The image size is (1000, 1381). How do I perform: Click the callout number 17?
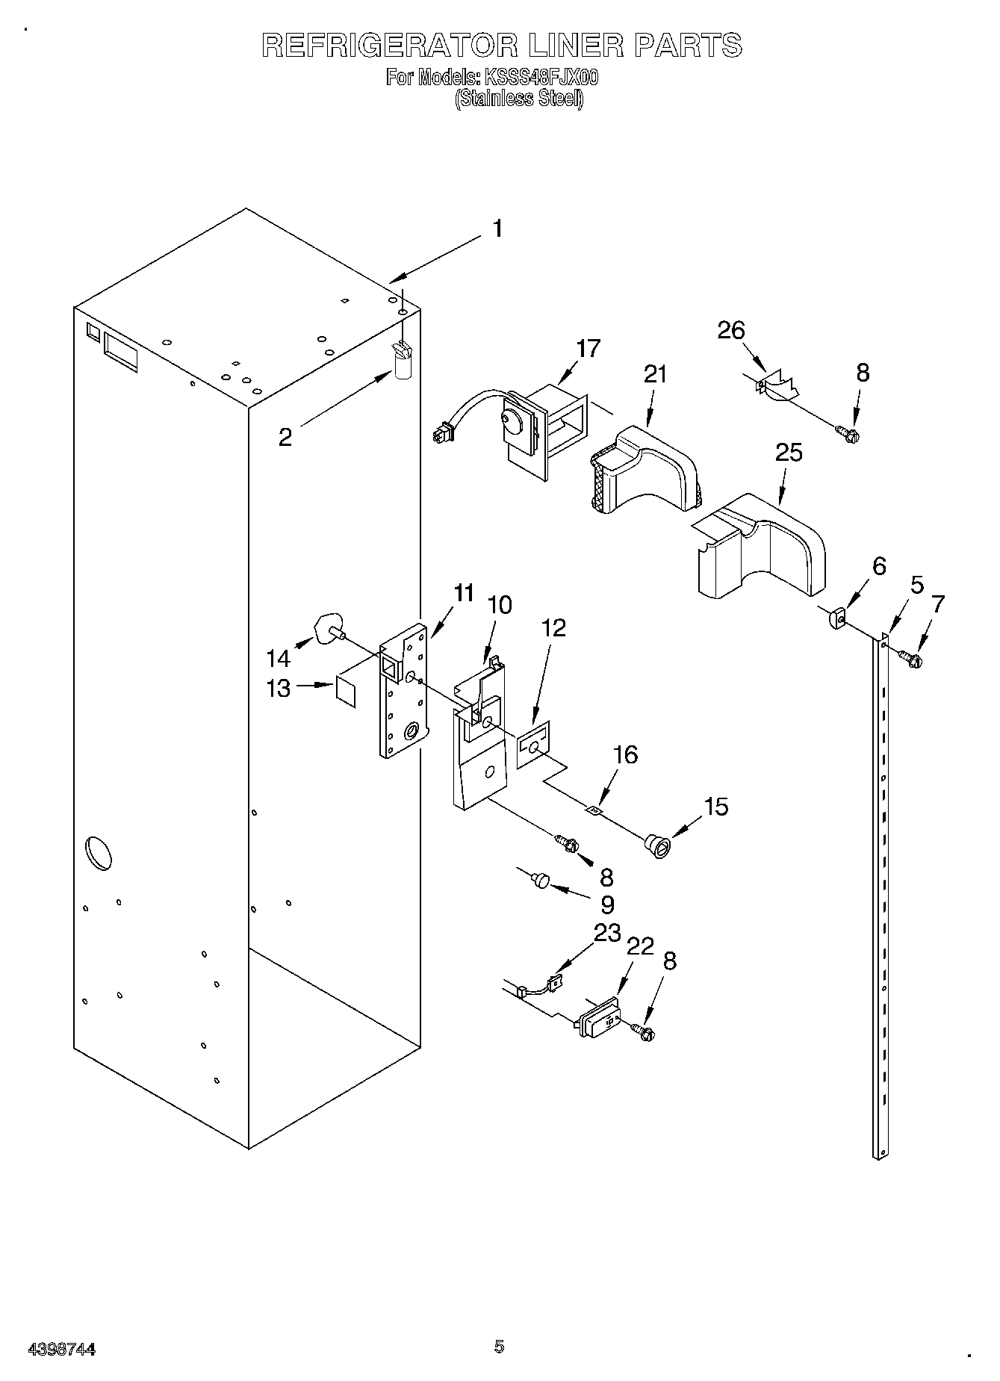point(588,349)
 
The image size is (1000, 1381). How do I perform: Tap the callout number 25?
point(789,453)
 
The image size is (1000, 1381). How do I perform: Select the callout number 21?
point(655,374)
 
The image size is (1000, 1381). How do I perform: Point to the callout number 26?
point(731,330)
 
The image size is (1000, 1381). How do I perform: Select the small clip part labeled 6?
point(837,618)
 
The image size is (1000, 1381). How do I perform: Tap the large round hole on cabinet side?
point(99,853)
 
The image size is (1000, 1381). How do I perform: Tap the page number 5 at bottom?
point(499,1346)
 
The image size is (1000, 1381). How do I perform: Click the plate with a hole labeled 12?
point(534,744)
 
